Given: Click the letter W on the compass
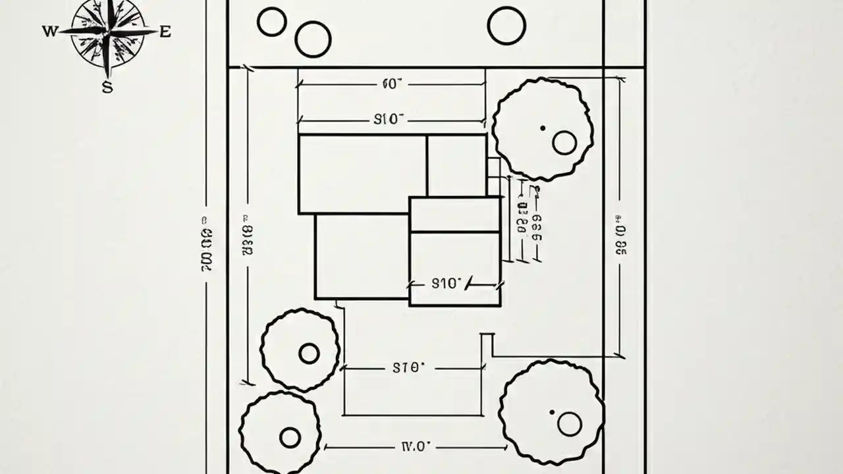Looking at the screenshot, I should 49,31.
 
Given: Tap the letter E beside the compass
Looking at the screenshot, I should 165,31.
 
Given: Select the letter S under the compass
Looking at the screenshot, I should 107,86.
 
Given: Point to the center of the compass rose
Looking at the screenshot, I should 107,32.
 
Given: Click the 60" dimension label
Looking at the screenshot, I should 392,84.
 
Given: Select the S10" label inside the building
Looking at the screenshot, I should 447,284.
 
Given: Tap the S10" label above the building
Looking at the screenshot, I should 389,119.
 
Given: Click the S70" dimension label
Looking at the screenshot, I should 408,368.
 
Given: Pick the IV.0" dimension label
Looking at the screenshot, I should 416,446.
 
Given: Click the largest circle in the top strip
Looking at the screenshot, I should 506,26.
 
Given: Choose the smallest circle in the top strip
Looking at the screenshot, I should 271,22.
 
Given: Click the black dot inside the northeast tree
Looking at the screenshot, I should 543,128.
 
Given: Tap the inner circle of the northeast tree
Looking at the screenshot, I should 564,142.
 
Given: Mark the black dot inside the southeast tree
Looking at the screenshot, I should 552,413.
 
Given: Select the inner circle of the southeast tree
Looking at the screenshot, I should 570,424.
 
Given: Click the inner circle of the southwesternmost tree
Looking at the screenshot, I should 290,437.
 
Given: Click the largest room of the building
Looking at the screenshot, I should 363,174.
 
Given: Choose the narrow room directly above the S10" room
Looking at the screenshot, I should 454,214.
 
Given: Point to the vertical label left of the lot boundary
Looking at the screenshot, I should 206,244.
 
